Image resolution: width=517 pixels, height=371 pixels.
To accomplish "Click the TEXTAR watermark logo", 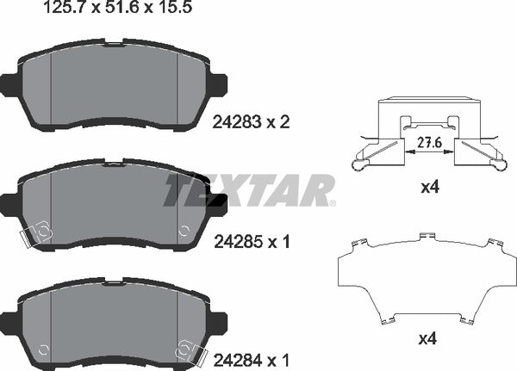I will pos(249,190).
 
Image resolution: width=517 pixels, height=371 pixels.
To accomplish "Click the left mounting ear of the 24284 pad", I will pos(9,316).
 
